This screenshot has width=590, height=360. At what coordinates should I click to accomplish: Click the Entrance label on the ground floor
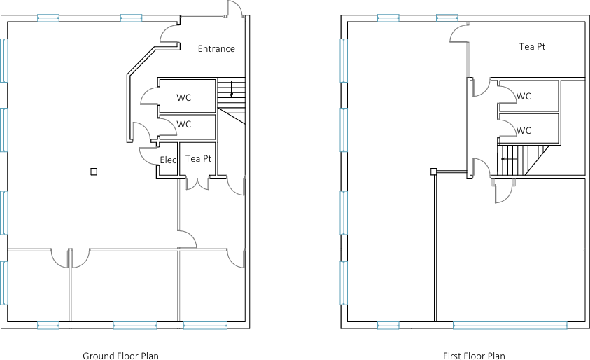(216, 49)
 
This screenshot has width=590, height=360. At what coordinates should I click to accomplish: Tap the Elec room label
(168, 160)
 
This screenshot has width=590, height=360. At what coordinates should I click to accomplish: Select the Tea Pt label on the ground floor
(198, 159)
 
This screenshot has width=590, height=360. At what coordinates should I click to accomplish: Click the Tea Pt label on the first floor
(532, 47)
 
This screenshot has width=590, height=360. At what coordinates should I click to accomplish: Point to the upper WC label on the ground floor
(183, 97)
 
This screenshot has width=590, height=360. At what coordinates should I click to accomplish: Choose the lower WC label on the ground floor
(183, 124)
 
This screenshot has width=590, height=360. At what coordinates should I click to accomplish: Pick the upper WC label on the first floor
(524, 97)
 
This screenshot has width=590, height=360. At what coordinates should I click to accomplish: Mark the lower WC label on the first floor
(524, 130)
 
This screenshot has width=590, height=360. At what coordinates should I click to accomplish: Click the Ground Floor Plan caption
(120, 356)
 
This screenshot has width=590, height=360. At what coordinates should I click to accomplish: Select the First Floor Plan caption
(474, 356)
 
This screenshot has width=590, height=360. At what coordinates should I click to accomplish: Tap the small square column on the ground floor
(93, 171)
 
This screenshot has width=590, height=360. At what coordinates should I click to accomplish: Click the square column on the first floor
(434, 171)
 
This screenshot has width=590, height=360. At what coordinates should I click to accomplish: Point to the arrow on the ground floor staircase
(231, 90)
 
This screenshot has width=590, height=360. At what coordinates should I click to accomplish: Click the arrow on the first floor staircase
(510, 159)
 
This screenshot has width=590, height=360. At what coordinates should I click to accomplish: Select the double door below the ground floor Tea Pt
(198, 184)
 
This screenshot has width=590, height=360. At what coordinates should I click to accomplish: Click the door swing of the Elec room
(148, 155)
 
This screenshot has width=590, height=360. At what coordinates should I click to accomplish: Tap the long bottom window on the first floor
(509, 325)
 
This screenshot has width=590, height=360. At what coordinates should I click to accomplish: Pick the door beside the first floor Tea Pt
(458, 34)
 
